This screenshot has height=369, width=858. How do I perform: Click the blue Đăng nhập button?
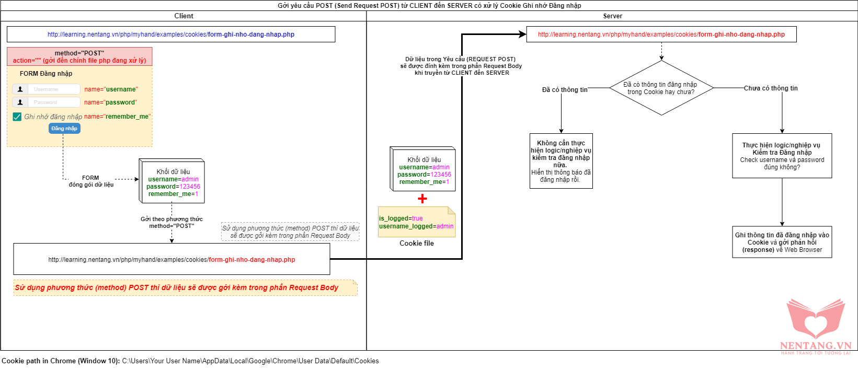[64, 129]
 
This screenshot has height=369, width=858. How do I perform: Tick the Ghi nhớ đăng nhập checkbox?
[17, 117]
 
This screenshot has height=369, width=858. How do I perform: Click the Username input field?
[54, 89]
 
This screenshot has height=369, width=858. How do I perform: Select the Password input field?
[54, 102]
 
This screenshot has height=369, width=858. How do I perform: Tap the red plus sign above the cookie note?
[422, 199]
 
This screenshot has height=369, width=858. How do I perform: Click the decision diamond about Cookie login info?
[661, 88]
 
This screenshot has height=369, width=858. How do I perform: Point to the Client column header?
[184, 16]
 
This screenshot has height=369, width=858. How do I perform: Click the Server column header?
[612, 16]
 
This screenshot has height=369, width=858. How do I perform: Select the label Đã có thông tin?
[565, 90]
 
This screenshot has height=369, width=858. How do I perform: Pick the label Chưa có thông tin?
[771, 88]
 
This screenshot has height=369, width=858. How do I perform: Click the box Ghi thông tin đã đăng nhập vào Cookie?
[782, 242]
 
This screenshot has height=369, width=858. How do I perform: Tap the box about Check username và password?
[782, 156]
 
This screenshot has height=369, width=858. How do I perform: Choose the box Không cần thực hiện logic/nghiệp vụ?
[561, 161]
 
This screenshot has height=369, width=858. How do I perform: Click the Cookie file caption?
[417, 244]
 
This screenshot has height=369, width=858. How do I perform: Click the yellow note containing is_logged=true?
[417, 222]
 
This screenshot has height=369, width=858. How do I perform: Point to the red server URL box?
[661, 34]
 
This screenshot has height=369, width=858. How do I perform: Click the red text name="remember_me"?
[117, 117]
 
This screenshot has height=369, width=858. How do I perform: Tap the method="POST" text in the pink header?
[79, 53]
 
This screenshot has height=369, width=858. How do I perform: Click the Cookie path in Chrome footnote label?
[61, 361]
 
